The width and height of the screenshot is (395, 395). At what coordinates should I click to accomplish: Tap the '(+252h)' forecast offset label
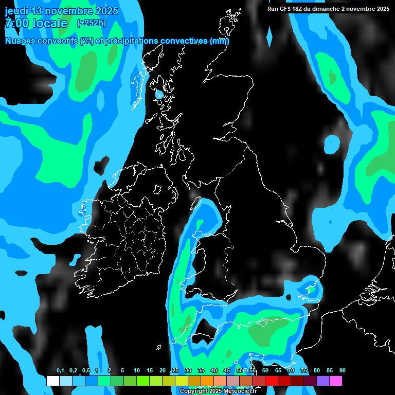[91, 23]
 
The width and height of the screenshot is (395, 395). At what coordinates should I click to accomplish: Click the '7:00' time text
[16, 23]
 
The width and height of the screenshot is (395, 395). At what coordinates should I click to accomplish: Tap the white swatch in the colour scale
[53, 381]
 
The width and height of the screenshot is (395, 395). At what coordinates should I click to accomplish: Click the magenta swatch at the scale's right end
[336, 381]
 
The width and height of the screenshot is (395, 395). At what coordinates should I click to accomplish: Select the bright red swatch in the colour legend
[272, 381]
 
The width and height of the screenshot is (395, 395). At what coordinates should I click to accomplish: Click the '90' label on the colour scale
[342, 370]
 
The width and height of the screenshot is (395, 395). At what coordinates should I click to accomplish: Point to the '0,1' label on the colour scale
[60, 370]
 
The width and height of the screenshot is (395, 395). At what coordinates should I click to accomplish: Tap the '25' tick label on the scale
[175, 370]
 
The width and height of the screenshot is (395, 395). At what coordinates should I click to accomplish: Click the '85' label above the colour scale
[329, 370]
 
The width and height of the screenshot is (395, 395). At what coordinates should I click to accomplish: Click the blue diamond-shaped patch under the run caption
[268, 36]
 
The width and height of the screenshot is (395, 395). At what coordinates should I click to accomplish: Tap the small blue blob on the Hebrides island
[159, 94]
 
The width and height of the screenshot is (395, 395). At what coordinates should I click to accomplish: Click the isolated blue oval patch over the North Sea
[332, 145]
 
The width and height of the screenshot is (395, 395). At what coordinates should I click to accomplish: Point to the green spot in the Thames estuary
[311, 290]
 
